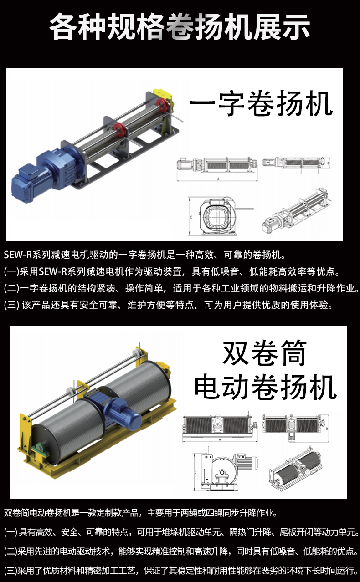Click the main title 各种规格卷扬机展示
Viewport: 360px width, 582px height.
[180, 27]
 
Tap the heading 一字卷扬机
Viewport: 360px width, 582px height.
[261, 104]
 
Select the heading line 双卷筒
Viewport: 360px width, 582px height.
[265, 353]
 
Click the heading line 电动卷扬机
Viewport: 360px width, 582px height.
[266, 387]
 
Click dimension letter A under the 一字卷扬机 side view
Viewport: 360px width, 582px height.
[218, 179]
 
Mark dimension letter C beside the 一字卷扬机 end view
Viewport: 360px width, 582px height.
[191, 217]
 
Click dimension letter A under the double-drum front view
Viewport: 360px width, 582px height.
[220, 439]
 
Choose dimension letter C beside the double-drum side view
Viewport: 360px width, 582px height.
[195, 472]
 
